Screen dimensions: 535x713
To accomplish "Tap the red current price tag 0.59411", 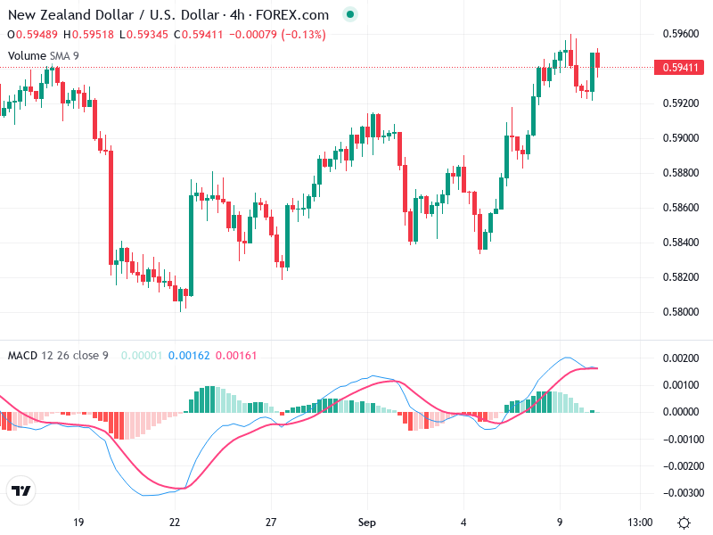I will [678, 67].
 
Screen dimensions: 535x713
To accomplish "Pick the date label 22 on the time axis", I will [175, 522].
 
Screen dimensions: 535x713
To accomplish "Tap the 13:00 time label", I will [640, 522].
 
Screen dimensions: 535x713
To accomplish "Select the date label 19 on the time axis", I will [78, 522].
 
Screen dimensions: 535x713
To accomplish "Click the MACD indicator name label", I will [21, 356].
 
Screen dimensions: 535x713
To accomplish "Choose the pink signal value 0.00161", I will [236, 356].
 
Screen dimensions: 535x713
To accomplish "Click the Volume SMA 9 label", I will [44, 56].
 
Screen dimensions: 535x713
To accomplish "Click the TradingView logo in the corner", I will [21, 491].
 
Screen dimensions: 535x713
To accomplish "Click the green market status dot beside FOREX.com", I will [350, 15].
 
